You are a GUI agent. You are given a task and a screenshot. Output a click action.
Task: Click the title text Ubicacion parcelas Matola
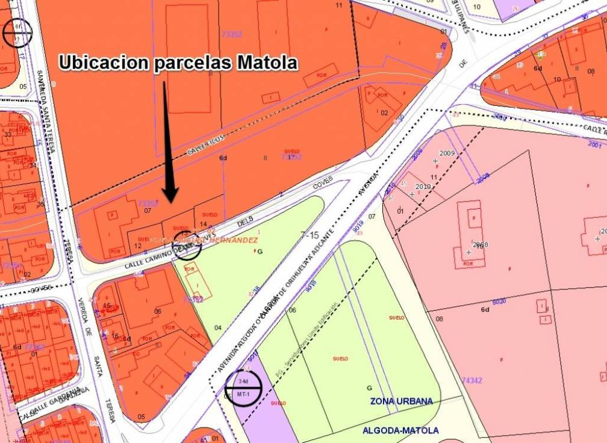[x=178, y=63]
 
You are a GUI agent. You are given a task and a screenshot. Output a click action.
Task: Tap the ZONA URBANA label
[x=401, y=401]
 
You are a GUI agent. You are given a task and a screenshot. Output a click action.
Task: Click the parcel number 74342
[x=472, y=380]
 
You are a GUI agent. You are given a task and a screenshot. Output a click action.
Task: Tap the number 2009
[x=447, y=153]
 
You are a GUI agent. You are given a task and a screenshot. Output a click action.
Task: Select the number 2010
[x=423, y=187]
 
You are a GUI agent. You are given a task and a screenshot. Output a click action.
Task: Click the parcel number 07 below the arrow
[x=146, y=211]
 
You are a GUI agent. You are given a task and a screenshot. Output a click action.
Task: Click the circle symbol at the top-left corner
[x=17, y=33]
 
